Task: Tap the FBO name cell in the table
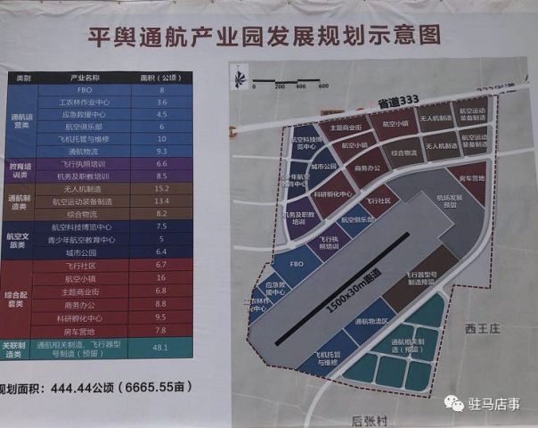point(86,90)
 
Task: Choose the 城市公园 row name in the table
point(86,252)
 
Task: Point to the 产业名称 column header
point(86,78)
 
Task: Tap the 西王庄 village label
point(485,329)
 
